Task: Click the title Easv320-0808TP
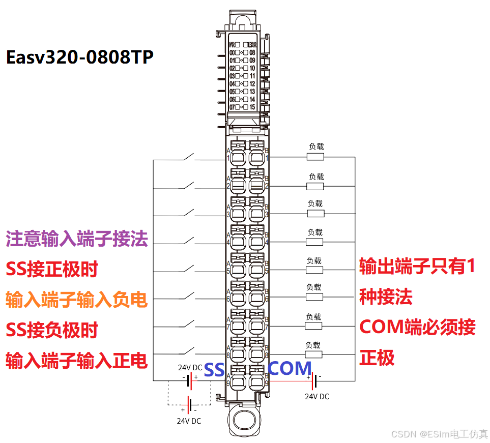(x=79, y=57)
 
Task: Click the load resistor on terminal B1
(x=315, y=157)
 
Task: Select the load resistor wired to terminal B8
(x=313, y=354)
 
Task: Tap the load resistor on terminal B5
(x=314, y=270)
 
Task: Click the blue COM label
(x=290, y=369)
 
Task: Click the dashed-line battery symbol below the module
(x=189, y=405)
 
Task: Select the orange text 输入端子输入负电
(x=77, y=300)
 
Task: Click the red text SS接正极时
(x=51, y=269)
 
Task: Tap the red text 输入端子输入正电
(x=77, y=361)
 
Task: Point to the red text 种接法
(x=386, y=297)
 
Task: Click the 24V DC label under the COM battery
(x=316, y=396)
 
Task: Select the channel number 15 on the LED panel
(x=252, y=107)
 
